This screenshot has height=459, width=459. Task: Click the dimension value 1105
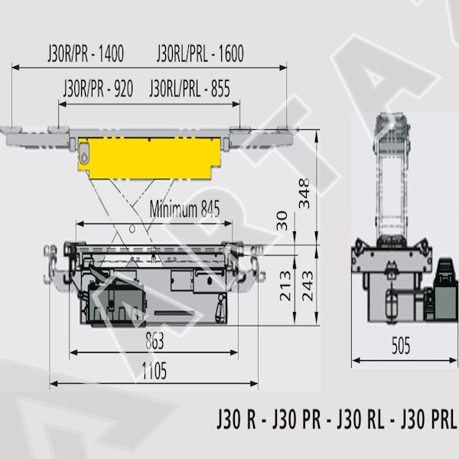coord(155,370)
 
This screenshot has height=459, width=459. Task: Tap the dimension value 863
coord(155,340)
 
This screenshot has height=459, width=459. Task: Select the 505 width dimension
coord(401,346)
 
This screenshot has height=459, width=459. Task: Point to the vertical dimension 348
coord(304,194)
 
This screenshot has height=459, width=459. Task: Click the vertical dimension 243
coord(308,285)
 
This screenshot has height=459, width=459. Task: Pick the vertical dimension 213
coord(285,285)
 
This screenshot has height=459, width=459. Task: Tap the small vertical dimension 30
coord(282,221)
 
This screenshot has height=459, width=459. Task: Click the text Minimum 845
coord(184,209)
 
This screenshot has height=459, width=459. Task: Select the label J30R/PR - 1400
coord(86,54)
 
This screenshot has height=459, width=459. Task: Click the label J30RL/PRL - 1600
coord(200,54)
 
